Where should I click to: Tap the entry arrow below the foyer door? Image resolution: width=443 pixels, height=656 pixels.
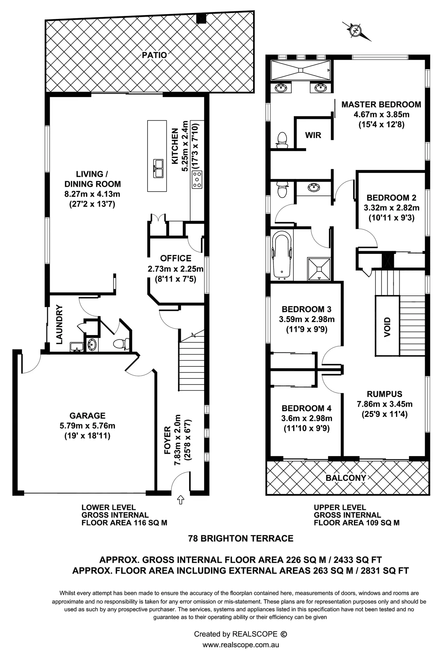(180, 500)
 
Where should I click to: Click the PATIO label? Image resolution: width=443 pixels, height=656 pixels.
(154, 55)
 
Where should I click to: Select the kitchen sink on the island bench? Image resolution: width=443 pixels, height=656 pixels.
(158, 168)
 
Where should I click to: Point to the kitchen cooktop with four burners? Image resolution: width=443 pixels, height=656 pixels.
(197, 180)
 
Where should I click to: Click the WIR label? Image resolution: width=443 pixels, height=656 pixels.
(313, 135)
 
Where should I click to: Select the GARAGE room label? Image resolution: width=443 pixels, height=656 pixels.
(87, 416)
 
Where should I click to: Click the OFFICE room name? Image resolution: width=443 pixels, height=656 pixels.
(176, 258)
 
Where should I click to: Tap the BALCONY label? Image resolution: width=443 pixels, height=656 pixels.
(346, 478)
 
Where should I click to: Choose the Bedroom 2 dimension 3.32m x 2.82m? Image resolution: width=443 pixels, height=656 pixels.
(391, 208)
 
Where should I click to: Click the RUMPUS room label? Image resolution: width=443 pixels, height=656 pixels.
(384, 394)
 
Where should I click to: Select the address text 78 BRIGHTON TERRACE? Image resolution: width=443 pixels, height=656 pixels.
(240, 538)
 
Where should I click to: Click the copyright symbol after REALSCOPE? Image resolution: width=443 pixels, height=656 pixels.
(283, 634)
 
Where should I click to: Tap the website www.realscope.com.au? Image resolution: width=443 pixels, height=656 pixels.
(240, 645)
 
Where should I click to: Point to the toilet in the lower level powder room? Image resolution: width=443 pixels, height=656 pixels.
(121, 343)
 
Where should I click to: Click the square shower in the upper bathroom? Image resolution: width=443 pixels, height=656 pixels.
(318, 269)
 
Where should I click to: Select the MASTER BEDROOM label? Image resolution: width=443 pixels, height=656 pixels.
(381, 105)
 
